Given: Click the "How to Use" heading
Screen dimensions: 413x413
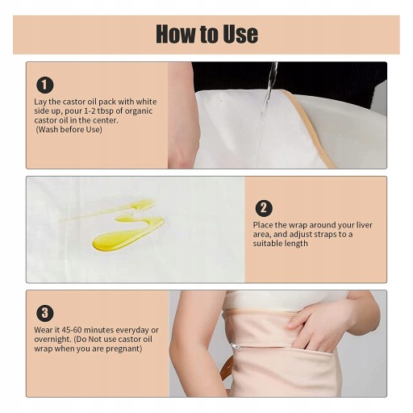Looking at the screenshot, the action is tap(206, 34).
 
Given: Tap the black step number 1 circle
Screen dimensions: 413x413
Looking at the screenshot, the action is tap(45, 85).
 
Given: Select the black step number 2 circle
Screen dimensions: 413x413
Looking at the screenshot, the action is tap(264, 208).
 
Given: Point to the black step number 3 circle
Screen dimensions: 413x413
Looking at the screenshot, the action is tap(45, 313).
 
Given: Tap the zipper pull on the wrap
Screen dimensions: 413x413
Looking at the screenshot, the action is tap(235, 346).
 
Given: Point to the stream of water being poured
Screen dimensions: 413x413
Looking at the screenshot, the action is tap(268, 102).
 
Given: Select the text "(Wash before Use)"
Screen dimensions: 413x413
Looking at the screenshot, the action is tap(69, 130).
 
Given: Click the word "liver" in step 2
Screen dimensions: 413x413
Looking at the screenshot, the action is tap(365, 225).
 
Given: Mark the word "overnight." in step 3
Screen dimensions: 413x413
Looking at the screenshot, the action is tap(52, 340).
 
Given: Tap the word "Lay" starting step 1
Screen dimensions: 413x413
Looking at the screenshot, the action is tap(40, 102).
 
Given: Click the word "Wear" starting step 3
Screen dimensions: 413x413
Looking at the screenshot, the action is tap(44, 330).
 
